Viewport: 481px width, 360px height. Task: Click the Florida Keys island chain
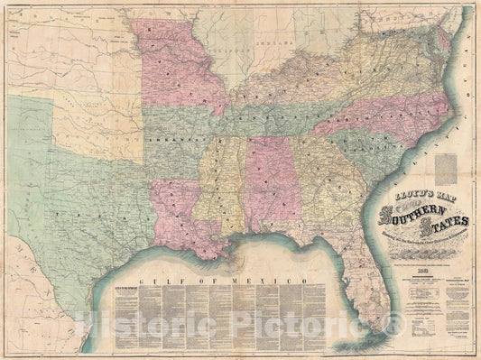click(356, 343)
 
